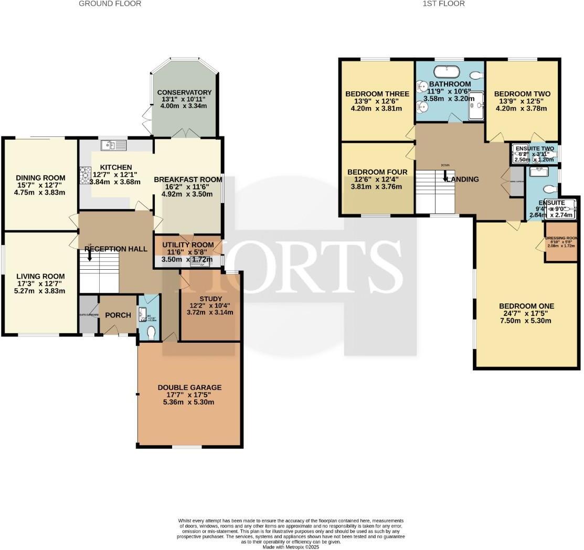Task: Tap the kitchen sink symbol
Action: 114,145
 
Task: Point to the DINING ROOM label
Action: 40,177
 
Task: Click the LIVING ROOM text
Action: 40,277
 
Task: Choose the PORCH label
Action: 118,315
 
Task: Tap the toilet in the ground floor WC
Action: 151,332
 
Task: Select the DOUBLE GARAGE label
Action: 189,387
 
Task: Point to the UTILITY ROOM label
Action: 188,245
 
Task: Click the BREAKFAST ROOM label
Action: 188,179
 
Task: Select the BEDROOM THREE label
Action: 377,94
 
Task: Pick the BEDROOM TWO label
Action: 522,94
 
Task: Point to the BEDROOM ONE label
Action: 526,306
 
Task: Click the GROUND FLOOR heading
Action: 110,4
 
